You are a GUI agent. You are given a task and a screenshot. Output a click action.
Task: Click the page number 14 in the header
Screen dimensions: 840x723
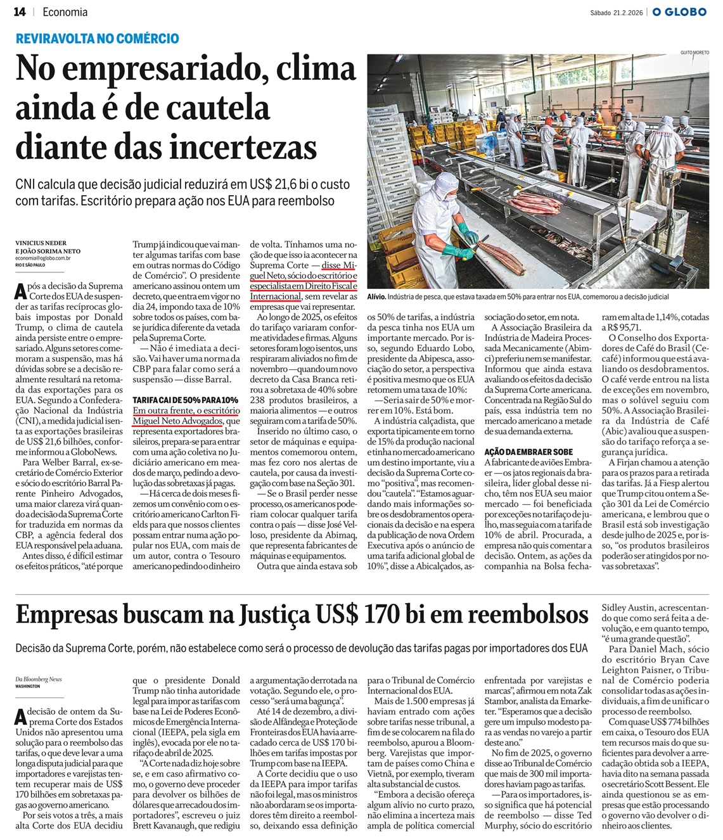click(20, 12)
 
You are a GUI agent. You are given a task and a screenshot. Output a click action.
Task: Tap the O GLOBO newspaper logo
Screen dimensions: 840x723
click(679, 12)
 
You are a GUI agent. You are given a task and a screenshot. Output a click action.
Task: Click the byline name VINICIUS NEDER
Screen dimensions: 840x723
click(41, 243)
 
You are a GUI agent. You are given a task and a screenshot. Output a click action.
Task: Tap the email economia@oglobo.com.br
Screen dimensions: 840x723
click(43, 258)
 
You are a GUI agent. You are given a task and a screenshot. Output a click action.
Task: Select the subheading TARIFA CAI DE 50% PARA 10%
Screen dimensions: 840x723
click(185, 400)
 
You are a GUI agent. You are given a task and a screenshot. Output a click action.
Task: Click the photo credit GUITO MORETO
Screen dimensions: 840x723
click(694, 51)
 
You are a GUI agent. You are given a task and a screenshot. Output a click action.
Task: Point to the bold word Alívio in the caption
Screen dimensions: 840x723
click(378, 296)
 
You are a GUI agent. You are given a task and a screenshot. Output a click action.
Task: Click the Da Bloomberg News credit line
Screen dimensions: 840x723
click(39, 679)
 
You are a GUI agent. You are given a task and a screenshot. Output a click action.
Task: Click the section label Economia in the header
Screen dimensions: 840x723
click(66, 12)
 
